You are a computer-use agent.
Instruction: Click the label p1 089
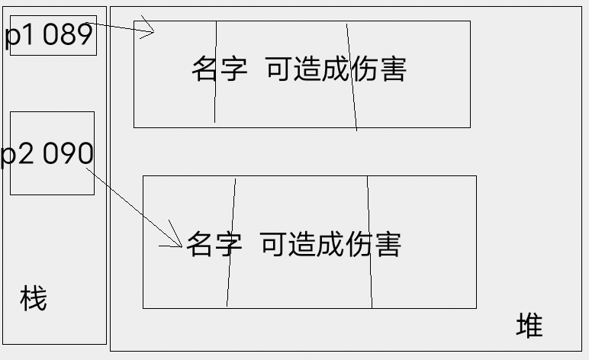coord(49,35)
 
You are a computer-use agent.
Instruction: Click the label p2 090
coord(47,154)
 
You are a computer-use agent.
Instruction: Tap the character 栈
coord(33,299)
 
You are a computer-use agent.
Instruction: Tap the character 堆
coord(529,326)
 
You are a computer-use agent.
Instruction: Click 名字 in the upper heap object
coord(219,69)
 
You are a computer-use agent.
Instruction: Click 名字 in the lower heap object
coord(214,245)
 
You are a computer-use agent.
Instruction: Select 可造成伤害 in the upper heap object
coord(336,69)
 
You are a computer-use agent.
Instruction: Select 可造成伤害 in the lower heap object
coord(330,245)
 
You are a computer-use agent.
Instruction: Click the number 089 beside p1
coord(67,35)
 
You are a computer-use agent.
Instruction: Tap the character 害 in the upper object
coord(393,69)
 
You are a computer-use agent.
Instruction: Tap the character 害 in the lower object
coord(388,245)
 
